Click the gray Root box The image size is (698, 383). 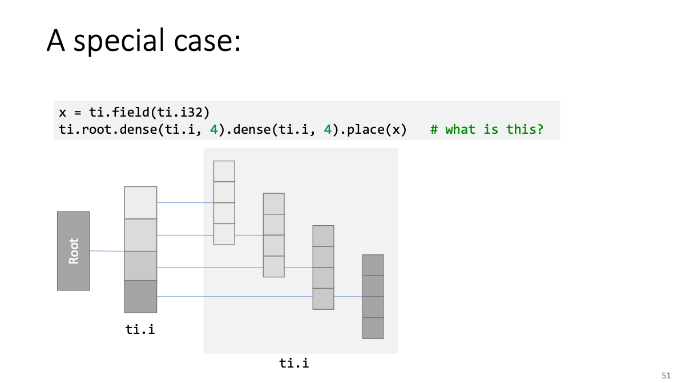coord(74,251)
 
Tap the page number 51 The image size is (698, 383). coord(666,375)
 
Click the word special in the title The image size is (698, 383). coord(119,41)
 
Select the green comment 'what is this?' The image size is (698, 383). coord(494,129)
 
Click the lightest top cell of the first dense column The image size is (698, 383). coord(140,203)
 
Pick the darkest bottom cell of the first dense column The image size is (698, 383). coord(140,297)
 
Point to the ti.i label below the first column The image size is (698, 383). coord(140,329)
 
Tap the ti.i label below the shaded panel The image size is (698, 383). coord(294,363)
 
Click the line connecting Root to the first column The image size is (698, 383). coord(107,251)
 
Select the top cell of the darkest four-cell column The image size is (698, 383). coord(373,265)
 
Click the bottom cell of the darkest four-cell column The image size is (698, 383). coord(373,328)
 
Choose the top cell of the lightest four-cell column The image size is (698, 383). coord(224,171)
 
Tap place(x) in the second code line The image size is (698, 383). coord(377,130)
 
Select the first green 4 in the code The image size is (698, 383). coord(214,130)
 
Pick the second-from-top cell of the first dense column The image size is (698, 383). coord(140,235)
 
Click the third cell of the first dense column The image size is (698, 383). coord(140,266)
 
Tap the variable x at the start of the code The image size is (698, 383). coord(62,113)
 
